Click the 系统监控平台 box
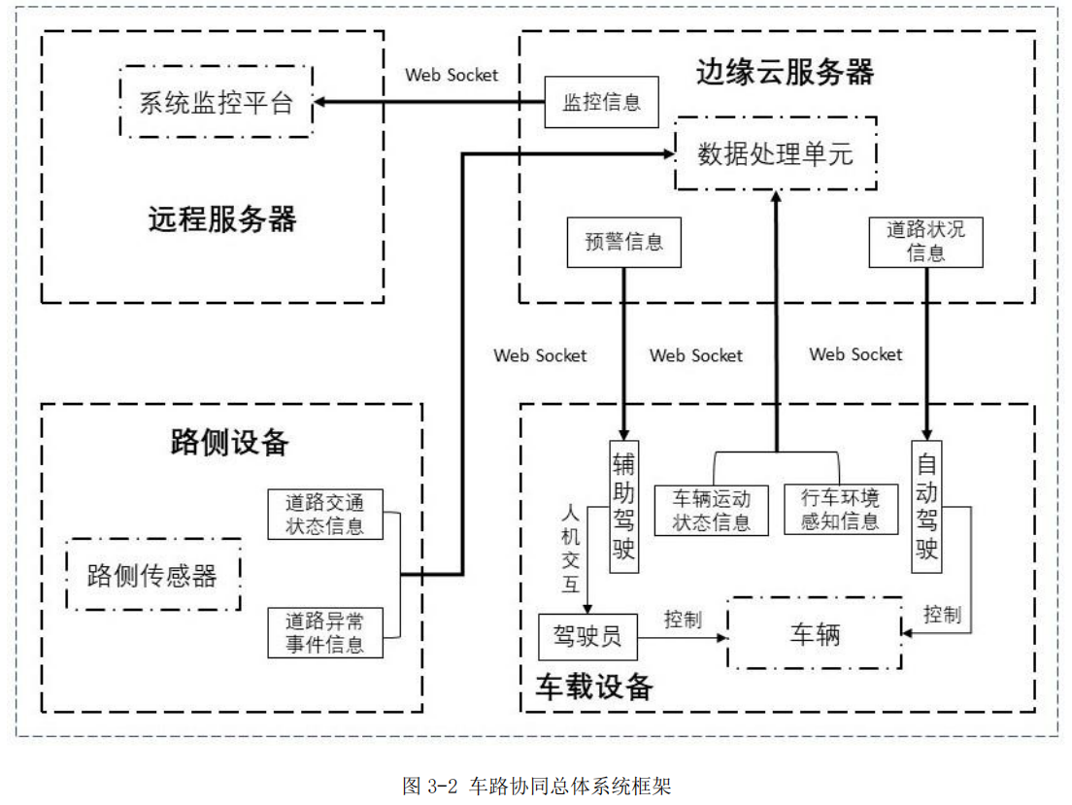click(x=217, y=102)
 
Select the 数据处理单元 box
click(x=776, y=153)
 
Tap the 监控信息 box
click(x=602, y=101)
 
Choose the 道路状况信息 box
click(x=926, y=242)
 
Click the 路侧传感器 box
click(x=152, y=575)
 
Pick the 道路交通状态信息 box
click(x=325, y=515)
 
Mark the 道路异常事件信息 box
click(x=325, y=632)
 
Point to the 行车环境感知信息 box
click(x=840, y=510)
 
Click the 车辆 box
click(x=815, y=635)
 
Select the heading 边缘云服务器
click(x=785, y=72)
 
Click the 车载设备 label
click(x=594, y=688)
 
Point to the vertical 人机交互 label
click(x=570, y=548)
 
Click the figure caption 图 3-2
click(x=536, y=785)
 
